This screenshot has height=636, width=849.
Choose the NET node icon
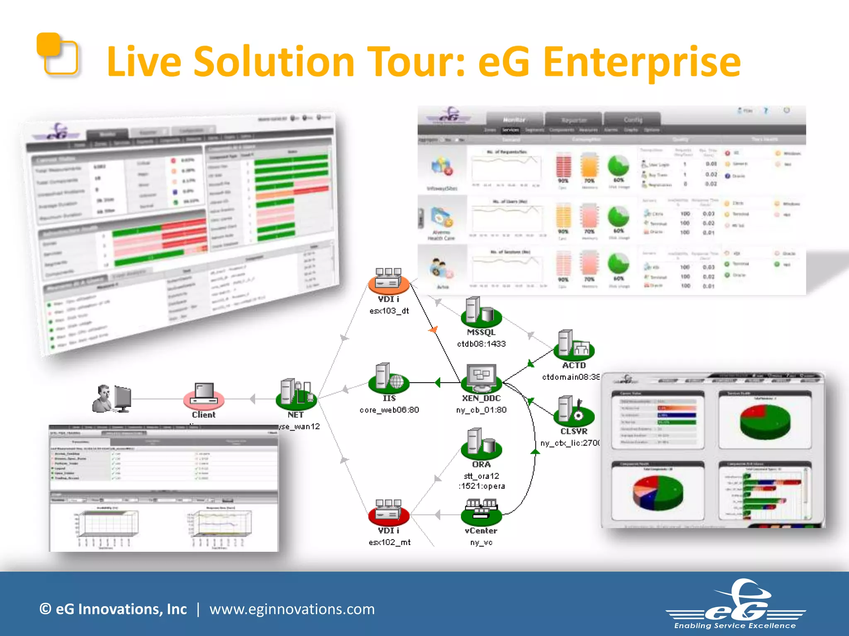pos(296,393)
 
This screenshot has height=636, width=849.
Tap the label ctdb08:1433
pos(481,344)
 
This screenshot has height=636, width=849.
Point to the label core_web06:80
pos(389,410)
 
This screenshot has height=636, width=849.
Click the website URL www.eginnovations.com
pos(292,609)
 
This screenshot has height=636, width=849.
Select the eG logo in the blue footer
pos(736,605)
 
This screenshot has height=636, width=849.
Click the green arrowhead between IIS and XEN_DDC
pos(438,383)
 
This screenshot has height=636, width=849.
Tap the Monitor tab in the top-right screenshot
pos(514,120)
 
